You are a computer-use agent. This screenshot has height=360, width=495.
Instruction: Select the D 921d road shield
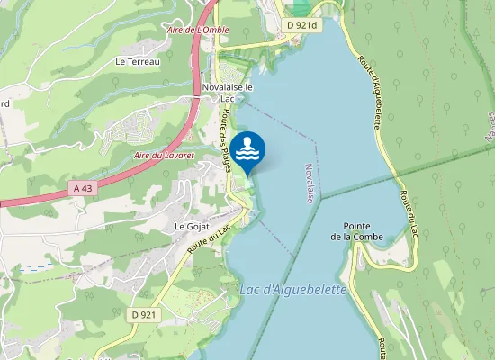coord(305,26)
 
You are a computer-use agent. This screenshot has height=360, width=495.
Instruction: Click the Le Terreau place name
coord(138,61)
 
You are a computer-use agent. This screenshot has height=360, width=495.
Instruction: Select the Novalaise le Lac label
coord(229,93)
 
